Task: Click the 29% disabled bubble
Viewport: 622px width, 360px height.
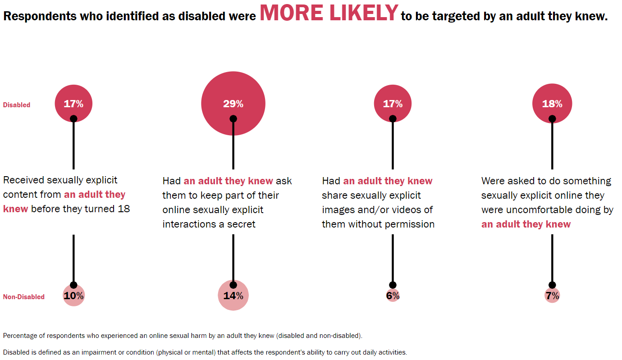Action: pos(233,104)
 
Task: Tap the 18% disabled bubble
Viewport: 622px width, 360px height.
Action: pos(552,104)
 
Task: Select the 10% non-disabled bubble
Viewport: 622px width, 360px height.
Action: pos(73,295)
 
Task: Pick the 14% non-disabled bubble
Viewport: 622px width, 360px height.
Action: pos(233,295)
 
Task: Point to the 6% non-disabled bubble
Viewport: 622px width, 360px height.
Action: pos(393,295)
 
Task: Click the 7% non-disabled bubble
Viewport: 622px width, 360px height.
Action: pos(552,295)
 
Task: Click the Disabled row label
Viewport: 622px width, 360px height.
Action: pos(17,105)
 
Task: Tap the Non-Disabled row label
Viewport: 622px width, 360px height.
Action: pos(23,297)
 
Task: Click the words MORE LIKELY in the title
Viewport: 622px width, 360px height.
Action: pos(329,13)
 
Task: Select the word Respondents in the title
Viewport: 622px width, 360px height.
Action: pos(39,16)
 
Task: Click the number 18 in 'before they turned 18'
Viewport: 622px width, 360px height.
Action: pos(123,209)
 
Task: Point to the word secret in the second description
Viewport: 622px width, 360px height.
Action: pos(241,224)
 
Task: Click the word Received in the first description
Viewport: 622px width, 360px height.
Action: pos(23,180)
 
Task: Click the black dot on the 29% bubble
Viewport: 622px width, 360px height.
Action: pos(233,119)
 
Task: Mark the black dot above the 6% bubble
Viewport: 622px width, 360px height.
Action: pos(393,285)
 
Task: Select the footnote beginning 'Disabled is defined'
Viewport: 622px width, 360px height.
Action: pos(205,352)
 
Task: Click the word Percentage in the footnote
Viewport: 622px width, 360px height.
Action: pos(20,336)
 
